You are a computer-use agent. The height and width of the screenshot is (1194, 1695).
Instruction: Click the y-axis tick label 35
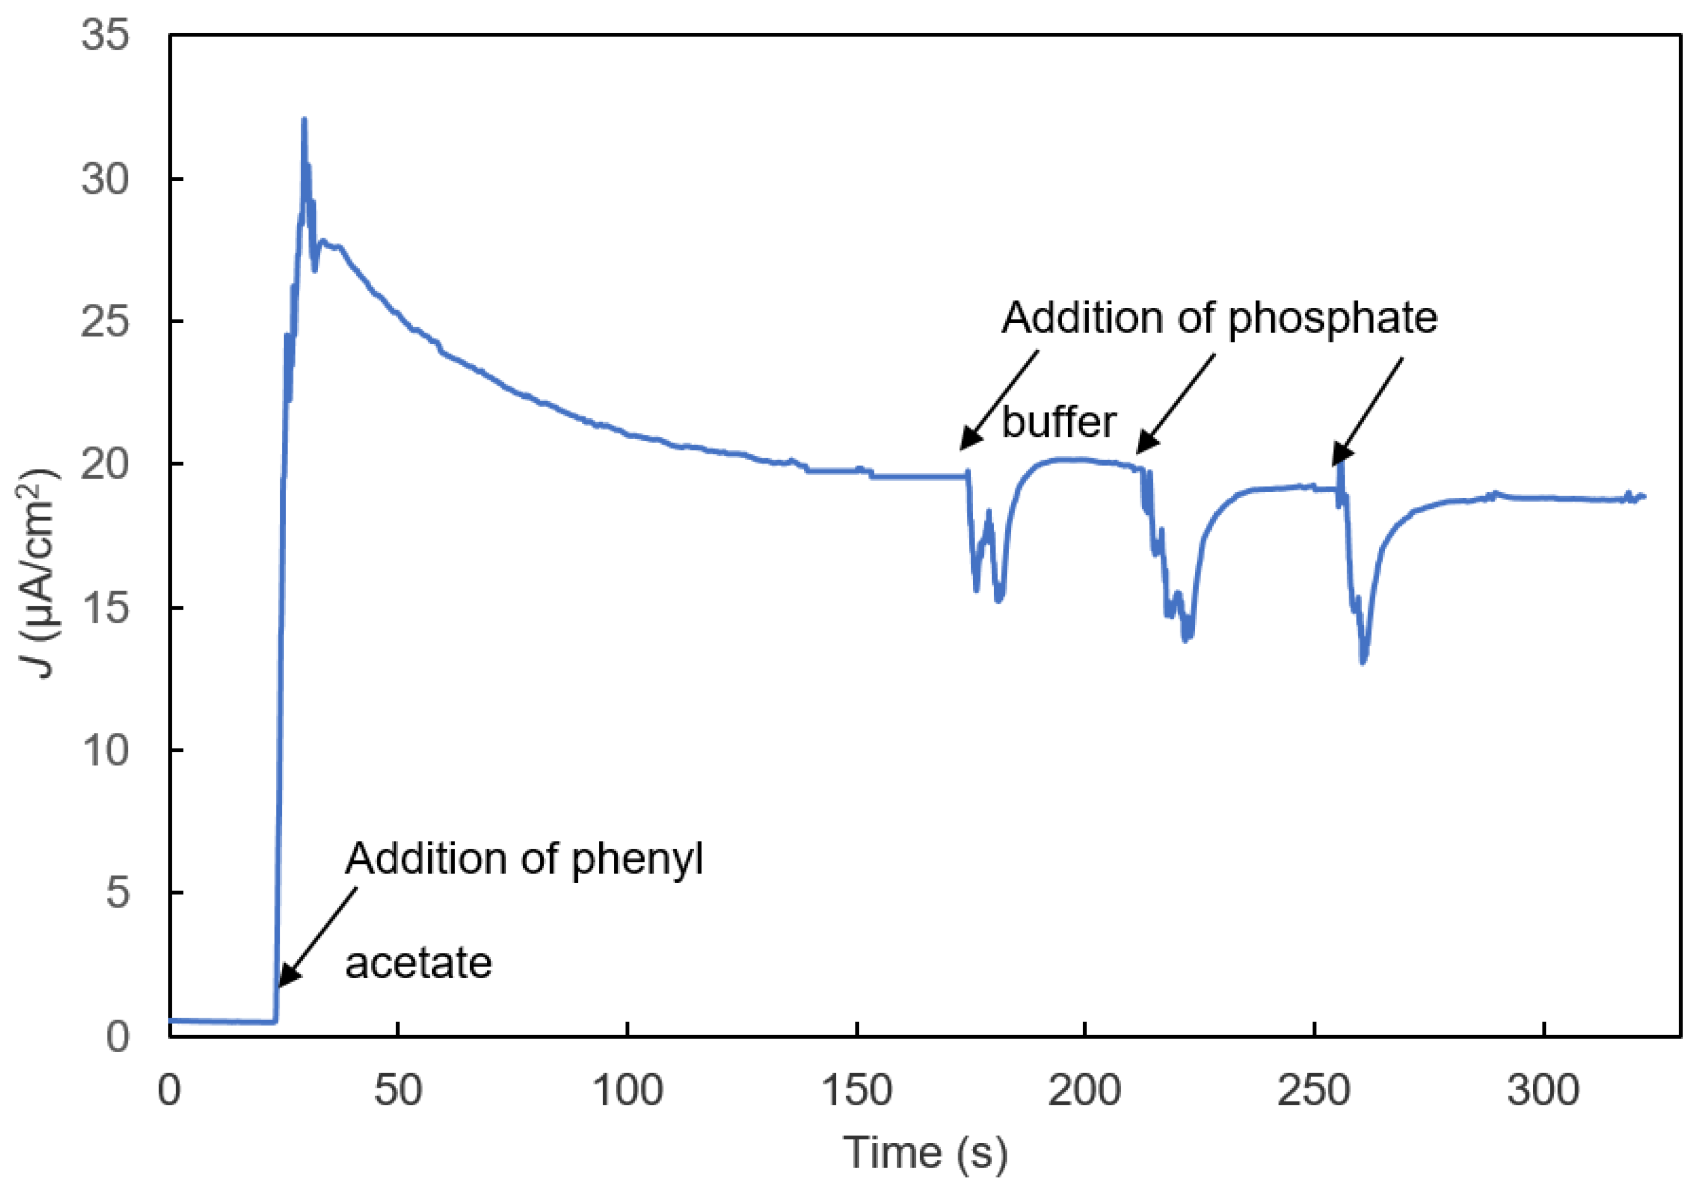click(105, 36)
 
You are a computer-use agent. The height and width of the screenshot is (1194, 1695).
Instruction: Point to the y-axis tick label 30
click(105, 179)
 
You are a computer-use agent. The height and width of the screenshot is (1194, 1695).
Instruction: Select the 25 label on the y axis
click(105, 322)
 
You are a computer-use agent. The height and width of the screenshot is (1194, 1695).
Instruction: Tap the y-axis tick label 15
click(105, 607)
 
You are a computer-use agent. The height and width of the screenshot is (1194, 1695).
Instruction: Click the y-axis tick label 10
click(105, 750)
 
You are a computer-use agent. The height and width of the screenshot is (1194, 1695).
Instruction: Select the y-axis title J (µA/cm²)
click(37, 573)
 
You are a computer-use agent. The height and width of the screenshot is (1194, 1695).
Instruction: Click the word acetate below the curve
click(419, 963)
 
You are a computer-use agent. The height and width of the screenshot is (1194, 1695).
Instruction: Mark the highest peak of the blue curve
click(304, 120)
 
